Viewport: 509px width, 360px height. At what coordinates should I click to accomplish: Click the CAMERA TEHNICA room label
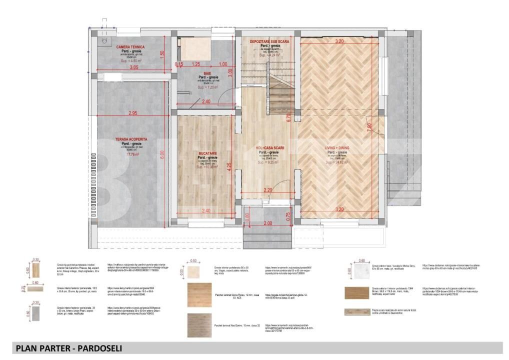click(x=130, y=47)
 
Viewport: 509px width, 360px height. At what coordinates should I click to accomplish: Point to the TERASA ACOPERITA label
click(x=130, y=139)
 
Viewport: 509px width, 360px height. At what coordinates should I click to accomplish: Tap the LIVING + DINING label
click(x=337, y=148)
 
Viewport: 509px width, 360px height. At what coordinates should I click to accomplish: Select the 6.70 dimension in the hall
click(x=288, y=118)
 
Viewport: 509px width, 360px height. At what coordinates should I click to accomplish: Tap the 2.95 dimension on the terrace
click(x=132, y=113)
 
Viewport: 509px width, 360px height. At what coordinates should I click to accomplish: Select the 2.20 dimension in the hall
click(x=268, y=190)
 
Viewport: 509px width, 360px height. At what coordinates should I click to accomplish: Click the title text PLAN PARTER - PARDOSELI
click(x=68, y=348)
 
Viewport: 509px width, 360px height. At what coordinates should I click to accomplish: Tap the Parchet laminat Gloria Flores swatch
click(x=199, y=295)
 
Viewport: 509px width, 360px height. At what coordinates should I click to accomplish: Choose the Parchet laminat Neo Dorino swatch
click(x=199, y=325)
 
